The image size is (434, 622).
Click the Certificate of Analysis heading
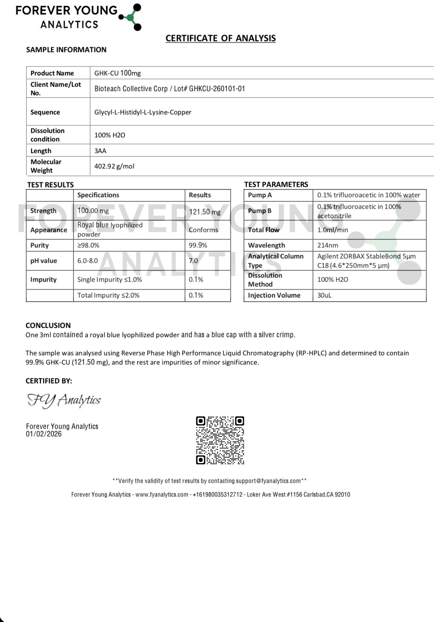[220, 38]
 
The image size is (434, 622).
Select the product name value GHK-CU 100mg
[117, 73]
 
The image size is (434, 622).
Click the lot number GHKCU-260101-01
[217, 89]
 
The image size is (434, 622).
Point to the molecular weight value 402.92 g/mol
[114, 166]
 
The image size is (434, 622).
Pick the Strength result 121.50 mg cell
[205, 212]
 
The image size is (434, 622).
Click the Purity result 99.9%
[198, 245]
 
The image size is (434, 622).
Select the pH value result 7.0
[193, 261]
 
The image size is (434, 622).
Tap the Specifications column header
[98, 195]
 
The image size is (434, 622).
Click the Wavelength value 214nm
[328, 245]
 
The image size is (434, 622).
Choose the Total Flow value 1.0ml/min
[332, 230]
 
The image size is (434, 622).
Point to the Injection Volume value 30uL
[324, 295]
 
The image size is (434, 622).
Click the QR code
[220, 440]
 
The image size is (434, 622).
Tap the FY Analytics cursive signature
[64, 400]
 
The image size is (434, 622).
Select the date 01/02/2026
[44, 434]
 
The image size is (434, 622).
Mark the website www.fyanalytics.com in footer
[162, 494]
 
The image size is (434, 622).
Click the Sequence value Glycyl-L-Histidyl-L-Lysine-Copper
[143, 112]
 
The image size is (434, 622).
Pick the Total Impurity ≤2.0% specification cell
[108, 295]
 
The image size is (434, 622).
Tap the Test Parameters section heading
[276, 184]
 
